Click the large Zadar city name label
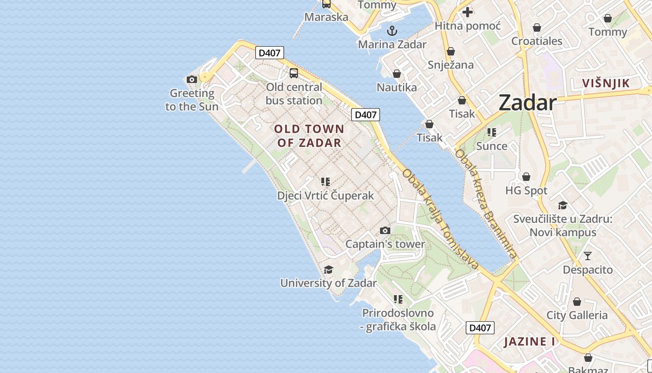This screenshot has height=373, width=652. (527, 103)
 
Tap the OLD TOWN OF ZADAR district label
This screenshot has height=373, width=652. (309, 136)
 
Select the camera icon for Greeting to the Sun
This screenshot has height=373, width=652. (191, 80)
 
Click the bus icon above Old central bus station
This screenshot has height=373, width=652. (294, 73)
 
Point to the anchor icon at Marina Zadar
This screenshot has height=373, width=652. (392, 31)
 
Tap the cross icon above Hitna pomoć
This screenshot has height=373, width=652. (468, 12)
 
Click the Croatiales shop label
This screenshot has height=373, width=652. (537, 41)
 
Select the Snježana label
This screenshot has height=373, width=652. (450, 65)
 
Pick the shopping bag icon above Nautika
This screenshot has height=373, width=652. (397, 74)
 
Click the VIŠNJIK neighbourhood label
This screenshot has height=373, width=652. (606, 83)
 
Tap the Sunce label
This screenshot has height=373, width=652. (492, 146)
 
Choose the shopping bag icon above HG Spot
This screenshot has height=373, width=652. (526, 177)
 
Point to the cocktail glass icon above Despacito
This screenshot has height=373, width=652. (588, 256)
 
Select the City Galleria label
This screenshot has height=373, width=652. (577, 315)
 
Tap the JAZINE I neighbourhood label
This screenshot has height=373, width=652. (530, 342)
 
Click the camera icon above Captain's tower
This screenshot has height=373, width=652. (385, 230)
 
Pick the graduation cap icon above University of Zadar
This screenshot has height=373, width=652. (328, 269)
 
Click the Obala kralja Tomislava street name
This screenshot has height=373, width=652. (440, 219)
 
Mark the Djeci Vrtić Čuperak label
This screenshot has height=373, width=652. (326, 195)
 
